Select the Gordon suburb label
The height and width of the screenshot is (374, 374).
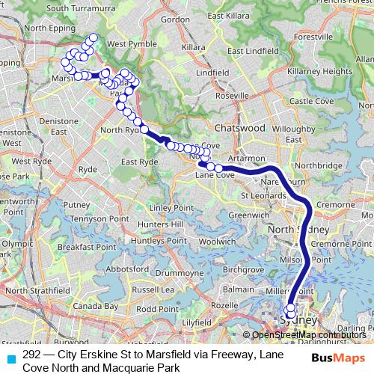(175, 19)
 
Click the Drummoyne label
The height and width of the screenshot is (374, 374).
(179, 274)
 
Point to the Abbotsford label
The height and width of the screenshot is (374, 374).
(126, 269)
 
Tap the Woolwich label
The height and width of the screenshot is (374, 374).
(218, 242)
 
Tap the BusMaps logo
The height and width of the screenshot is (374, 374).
(339, 358)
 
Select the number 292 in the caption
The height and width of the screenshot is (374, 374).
(32, 354)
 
